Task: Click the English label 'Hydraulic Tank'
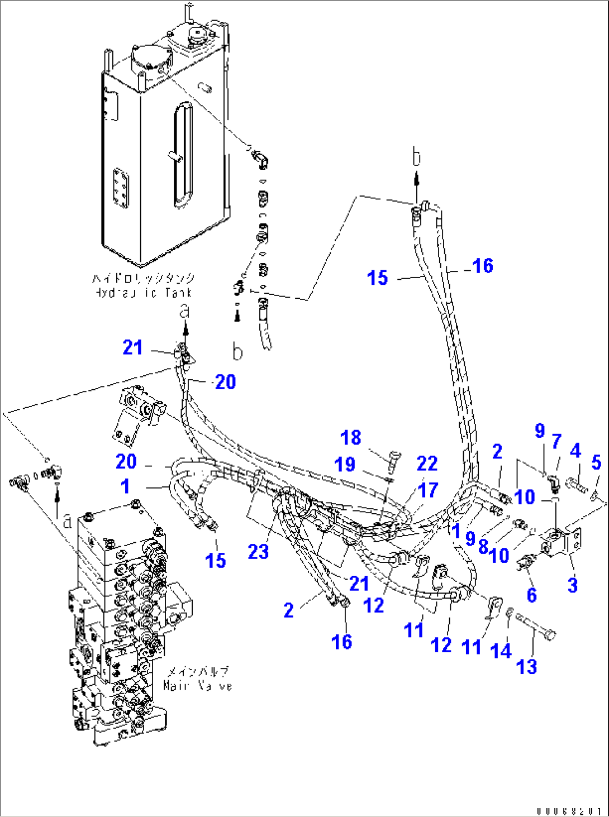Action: click(x=143, y=293)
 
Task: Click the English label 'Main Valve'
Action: click(x=197, y=685)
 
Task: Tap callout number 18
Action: click(x=351, y=438)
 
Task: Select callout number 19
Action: click(x=345, y=464)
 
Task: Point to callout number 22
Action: click(x=427, y=464)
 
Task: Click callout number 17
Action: click(x=429, y=490)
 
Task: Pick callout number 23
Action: click(x=259, y=552)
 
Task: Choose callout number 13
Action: click(x=527, y=666)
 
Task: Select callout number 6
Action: click(x=532, y=595)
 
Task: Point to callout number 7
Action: click(x=556, y=442)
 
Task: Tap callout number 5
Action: click(x=596, y=462)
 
